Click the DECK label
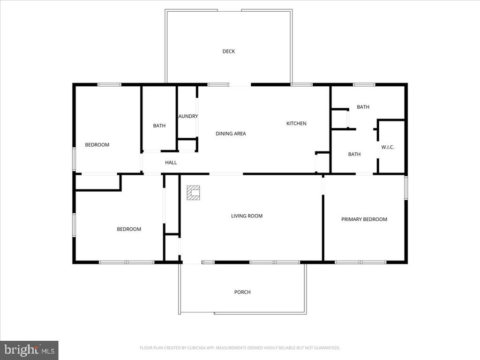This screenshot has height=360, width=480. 228,52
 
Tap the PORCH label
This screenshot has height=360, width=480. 242,292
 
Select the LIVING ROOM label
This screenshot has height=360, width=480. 247,216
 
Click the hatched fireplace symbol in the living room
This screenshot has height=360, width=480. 193,193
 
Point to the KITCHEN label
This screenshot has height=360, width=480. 296,124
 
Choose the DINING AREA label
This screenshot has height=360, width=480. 231,134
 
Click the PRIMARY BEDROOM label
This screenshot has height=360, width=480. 364,219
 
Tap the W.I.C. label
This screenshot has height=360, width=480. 388,147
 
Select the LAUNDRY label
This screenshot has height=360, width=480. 187,116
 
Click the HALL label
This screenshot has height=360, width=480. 171,163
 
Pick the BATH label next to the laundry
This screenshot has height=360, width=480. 159,126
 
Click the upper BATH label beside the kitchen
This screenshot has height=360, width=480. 363,107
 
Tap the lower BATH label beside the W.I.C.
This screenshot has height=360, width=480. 354,154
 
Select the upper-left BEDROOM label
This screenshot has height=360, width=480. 97,145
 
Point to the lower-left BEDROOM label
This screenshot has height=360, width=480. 129,229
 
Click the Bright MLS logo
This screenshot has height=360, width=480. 29,350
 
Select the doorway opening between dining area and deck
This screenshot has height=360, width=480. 240,85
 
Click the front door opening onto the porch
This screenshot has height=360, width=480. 192,262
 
